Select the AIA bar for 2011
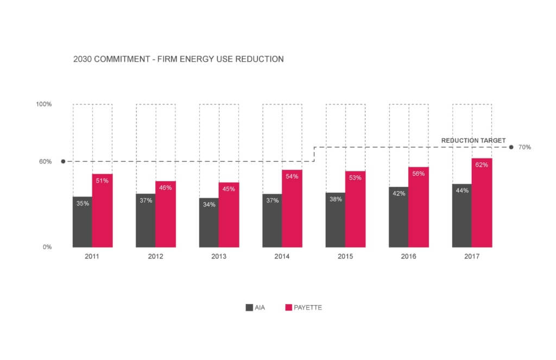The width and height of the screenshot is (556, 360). (x=83, y=223)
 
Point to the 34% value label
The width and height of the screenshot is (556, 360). (x=209, y=205)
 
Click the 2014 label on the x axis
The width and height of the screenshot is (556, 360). (x=282, y=256)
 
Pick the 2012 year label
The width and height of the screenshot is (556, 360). (x=156, y=256)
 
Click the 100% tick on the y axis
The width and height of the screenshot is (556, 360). (x=44, y=104)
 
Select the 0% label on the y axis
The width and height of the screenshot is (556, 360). (x=47, y=247)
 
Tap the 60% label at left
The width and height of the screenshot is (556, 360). (x=46, y=162)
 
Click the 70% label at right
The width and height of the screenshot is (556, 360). (x=525, y=147)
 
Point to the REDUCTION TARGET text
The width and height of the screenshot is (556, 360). (x=473, y=141)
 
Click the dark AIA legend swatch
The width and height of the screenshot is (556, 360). (x=249, y=308)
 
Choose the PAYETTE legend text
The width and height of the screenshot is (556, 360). (x=308, y=308)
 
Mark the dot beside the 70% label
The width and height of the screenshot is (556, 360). (x=511, y=147)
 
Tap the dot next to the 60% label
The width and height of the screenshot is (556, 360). (x=63, y=161)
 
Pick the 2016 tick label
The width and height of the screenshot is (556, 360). (x=409, y=256)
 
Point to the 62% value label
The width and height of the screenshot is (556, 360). (x=481, y=165)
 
